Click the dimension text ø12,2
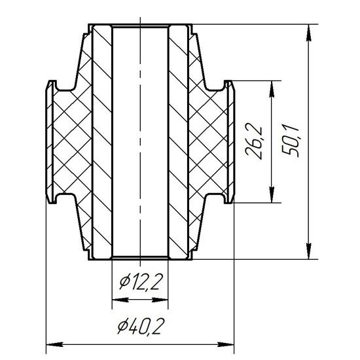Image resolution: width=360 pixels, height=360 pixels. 141,282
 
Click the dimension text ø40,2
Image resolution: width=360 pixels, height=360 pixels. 141,327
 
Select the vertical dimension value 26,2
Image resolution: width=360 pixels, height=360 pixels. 254,141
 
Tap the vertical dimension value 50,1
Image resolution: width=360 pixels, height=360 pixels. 291,141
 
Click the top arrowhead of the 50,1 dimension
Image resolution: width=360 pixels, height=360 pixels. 309,33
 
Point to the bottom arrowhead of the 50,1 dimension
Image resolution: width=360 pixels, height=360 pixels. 309,251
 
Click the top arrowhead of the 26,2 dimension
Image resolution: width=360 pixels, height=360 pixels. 272,89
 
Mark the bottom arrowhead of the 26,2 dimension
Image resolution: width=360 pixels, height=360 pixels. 272,194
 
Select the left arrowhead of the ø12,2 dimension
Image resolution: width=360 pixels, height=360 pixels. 120,300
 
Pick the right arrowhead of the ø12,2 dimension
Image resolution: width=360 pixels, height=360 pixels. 160,300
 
